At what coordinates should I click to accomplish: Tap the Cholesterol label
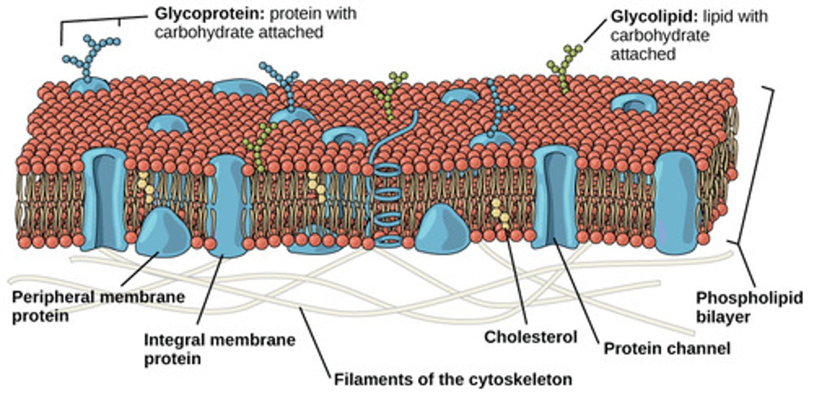[x=530, y=337]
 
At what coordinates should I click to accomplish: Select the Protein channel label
[x=667, y=349]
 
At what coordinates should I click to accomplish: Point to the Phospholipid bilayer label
[x=748, y=307]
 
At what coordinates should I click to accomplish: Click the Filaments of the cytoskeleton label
[x=453, y=378]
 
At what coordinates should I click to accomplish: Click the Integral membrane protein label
[x=219, y=349]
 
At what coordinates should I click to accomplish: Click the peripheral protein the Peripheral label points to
[x=163, y=232]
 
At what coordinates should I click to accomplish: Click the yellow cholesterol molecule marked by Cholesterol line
[x=500, y=215]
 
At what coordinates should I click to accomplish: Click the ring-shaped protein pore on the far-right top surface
[x=634, y=103]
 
